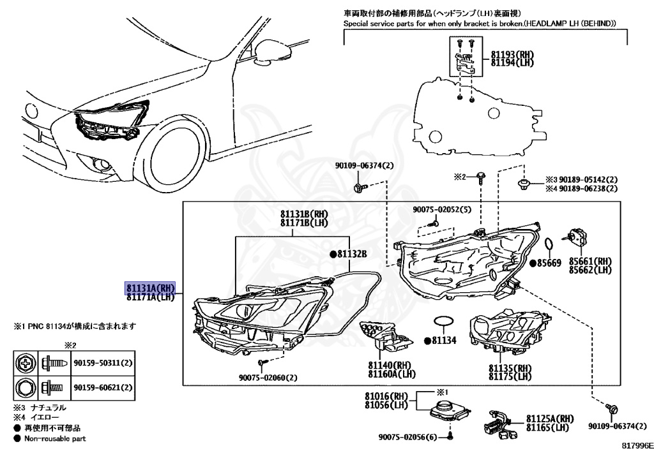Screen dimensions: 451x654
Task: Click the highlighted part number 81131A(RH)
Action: tap(149, 288)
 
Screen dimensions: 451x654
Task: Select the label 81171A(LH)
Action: tap(149, 297)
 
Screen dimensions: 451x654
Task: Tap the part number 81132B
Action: tap(352, 254)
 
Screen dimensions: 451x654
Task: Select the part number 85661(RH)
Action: tap(591, 261)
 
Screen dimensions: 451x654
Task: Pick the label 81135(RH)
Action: tap(510, 368)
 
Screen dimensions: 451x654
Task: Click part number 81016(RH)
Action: tap(386, 396)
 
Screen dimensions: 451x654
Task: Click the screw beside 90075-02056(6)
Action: tap(450, 437)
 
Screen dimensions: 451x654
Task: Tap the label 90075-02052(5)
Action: tap(441, 209)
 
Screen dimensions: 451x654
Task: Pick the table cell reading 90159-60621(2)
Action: tap(102, 387)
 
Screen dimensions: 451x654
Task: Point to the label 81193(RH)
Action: tap(513, 54)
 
